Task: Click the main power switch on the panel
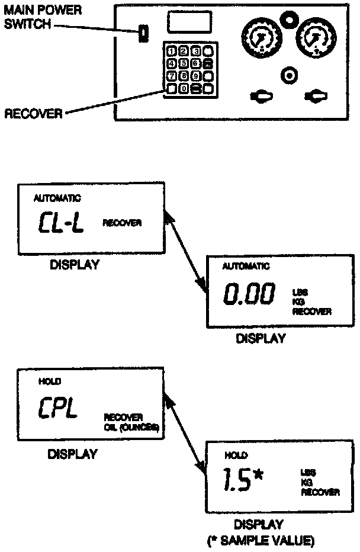coord(143,34)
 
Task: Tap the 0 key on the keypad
coord(184,89)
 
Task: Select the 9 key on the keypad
coord(196,76)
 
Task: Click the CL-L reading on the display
coord(62,223)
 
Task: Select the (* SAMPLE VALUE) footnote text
coord(261,540)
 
